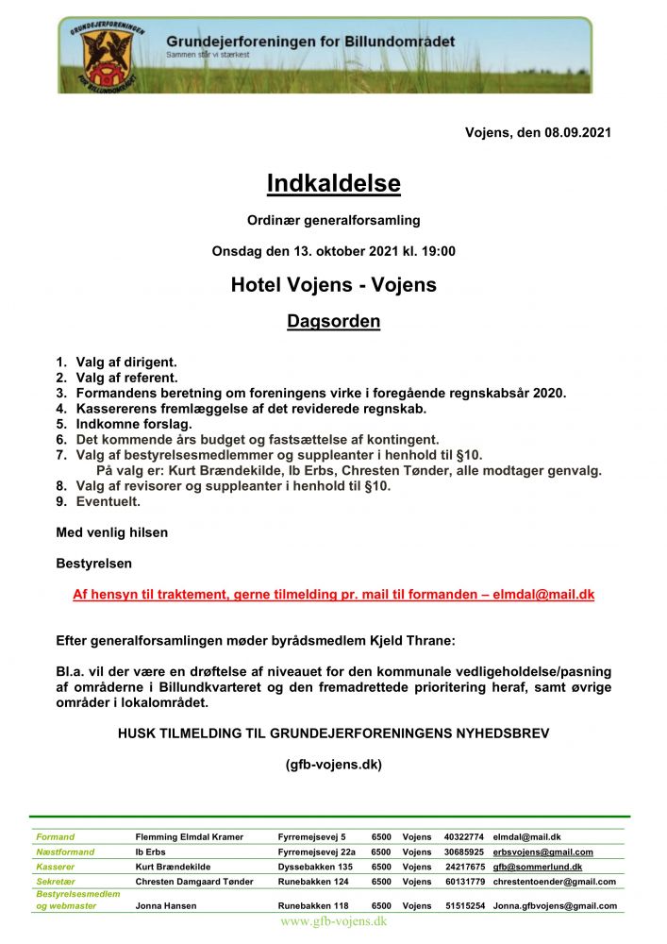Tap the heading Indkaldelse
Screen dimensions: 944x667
pos(333,183)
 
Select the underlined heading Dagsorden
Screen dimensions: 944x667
pos(333,322)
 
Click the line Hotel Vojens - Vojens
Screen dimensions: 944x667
pos(333,284)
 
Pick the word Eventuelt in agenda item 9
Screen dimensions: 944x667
pos(108,501)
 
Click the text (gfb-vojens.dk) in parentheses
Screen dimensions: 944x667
pos(333,765)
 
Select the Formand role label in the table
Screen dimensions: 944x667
pos(55,836)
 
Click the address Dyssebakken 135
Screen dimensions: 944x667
pos(315,867)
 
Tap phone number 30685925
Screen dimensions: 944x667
pos(463,851)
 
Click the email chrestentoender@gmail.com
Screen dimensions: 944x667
pos(554,882)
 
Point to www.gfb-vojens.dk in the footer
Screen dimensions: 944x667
pos(333,921)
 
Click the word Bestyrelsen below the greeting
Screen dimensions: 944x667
pos(94,564)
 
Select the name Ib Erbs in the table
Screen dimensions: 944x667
pos(151,851)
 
